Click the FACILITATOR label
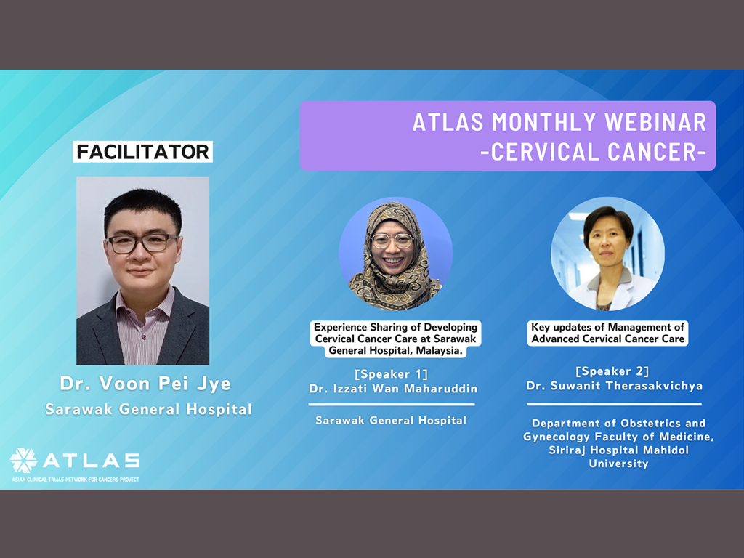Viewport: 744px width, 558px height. (142, 152)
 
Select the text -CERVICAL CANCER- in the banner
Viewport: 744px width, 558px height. (593, 152)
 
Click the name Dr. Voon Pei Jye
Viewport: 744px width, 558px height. (145, 384)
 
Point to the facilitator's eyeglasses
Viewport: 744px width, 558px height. (142, 243)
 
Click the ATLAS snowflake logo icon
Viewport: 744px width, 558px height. (24, 460)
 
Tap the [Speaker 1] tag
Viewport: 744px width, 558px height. (392, 374)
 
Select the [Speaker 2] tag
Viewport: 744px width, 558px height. (612, 371)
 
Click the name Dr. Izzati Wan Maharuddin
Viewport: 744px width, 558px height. (393, 389)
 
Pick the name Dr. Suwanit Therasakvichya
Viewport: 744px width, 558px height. (615, 386)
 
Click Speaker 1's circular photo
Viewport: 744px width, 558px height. (395, 254)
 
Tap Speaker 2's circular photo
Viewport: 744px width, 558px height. (608, 254)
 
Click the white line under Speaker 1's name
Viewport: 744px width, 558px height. (392, 404)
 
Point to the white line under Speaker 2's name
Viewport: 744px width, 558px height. (615, 404)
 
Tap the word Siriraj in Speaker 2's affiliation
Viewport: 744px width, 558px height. (565, 450)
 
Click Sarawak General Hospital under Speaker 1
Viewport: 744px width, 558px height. (391, 421)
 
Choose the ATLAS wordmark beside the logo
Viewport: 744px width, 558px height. (92, 460)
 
